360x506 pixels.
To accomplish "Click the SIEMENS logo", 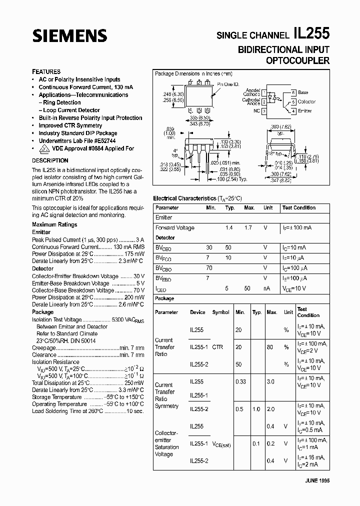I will tap(69, 35).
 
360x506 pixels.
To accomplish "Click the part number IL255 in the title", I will tap(311, 34).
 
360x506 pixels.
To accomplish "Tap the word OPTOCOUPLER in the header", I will tap(297, 60).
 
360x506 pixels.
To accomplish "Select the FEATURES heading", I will tap(46, 71).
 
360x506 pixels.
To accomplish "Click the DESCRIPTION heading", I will tap(50, 160).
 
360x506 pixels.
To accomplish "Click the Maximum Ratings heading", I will tap(54, 225).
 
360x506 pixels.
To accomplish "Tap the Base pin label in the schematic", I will tap(303, 92).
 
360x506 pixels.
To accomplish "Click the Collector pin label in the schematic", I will tap(306, 101).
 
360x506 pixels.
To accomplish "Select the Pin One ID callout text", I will tap(228, 85).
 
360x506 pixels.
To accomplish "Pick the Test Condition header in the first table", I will tap(298, 207).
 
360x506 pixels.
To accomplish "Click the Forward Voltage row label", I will tap(174, 228).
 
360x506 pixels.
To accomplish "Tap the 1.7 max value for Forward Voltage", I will tap(247, 228).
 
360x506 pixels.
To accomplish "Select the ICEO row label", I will tap(160, 288).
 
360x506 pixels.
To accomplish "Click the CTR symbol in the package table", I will tap(217, 347).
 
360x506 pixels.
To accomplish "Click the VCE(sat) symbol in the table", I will tap(221, 444).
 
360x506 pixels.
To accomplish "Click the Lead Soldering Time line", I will tap(87, 411).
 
